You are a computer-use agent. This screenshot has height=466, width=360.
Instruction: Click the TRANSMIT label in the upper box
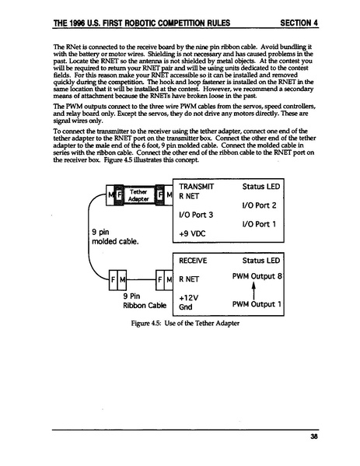click(196, 187)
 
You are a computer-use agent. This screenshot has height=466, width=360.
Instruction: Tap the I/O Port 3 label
click(195, 214)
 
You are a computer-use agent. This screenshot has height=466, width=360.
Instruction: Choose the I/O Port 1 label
click(262, 223)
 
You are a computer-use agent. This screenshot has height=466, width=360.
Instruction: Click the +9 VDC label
click(194, 232)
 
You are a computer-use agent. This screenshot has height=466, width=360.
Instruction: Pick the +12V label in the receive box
click(190, 296)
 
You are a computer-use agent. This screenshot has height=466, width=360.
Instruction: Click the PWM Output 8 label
click(257, 277)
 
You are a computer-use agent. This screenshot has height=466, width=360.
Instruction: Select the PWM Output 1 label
click(257, 306)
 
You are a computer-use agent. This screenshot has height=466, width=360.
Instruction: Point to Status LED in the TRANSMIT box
click(262, 187)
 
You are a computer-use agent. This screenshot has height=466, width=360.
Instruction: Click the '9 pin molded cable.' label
click(114, 236)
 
